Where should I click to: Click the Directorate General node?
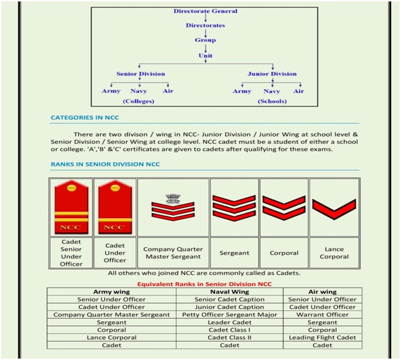coord(205,11)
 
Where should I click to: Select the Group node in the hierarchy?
coord(205,40)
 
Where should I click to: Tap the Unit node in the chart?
coord(205,56)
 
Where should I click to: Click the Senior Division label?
coord(140,74)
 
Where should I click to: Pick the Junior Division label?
coord(272,74)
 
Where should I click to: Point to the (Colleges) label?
coord(138,101)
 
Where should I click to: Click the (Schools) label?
coord(272,101)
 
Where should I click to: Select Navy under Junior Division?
coord(272,91)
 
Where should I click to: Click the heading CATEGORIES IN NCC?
coord(85,118)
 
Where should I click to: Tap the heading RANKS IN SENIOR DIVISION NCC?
coord(105,164)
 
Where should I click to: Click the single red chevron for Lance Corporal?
coord(334,209)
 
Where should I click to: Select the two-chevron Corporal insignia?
coord(284,208)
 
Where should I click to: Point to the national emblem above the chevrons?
coord(173,198)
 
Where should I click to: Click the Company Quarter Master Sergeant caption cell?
coord(173,253)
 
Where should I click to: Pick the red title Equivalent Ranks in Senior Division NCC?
coord(204,284)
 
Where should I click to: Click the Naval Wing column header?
coord(229,292)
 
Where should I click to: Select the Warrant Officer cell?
coord(323,315)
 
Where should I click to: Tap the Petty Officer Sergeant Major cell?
coord(229,315)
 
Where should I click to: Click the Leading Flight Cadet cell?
coord(323,337)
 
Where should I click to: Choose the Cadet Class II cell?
coord(229,337)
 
